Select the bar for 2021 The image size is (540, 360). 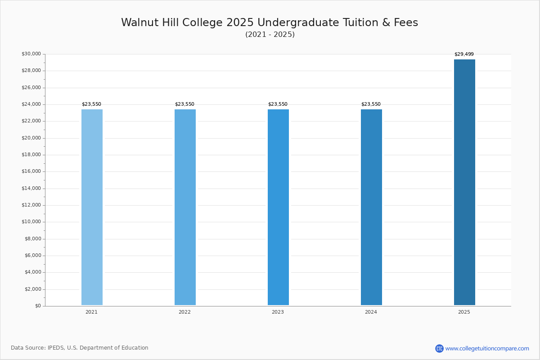(x=92, y=207)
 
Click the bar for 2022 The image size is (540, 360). (x=185, y=207)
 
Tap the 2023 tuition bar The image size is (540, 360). (x=278, y=207)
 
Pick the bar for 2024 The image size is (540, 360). (x=371, y=207)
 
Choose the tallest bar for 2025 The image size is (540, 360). (x=464, y=182)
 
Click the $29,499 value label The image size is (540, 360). (x=464, y=54)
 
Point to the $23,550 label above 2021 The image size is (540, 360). (x=91, y=104)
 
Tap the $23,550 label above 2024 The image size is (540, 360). (x=371, y=104)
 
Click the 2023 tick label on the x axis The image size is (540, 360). (x=278, y=312)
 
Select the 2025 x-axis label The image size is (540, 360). (x=464, y=312)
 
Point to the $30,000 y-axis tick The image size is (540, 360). (x=31, y=54)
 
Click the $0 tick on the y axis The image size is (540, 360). (x=37, y=306)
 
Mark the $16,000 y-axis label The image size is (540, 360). (x=31, y=171)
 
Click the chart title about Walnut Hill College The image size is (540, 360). (x=270, y=23)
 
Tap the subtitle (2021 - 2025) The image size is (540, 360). (x=270, y=35)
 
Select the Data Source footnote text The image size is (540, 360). (x=80, y=348)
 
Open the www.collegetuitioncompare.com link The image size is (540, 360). (x=487, y=348)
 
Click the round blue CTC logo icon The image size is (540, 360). (x=439, y=348)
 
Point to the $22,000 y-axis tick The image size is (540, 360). (x=31, y=121)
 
